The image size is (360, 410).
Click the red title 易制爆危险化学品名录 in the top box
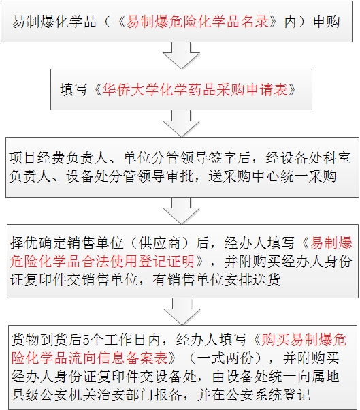(x=197, y=21)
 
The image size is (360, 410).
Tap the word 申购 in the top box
(x=327, y=21)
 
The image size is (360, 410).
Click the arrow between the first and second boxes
(x=181, y=55)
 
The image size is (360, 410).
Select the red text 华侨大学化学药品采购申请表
(x=195, y=90)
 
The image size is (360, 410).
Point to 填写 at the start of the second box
(x=73, y=90)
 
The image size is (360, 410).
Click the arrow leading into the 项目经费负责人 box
(x=181, y=123)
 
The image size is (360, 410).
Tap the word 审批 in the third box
(x=180, y=176)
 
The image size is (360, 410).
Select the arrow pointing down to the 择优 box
(x=181, y=210)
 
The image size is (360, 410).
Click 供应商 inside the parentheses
(x=160, y=243)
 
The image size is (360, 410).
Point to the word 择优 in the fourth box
(x=24, y=243)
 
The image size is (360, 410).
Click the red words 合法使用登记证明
(x=138, y=262)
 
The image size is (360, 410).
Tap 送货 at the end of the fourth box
(x=267, y=279)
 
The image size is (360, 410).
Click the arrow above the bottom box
(x=182, y=312)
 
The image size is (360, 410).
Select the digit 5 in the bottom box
(x=86, y=340)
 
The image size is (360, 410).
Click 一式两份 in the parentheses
(x=225, y=358)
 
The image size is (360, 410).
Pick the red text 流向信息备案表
(x=118, y=358)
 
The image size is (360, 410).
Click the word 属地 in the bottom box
(x=325, y=376)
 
